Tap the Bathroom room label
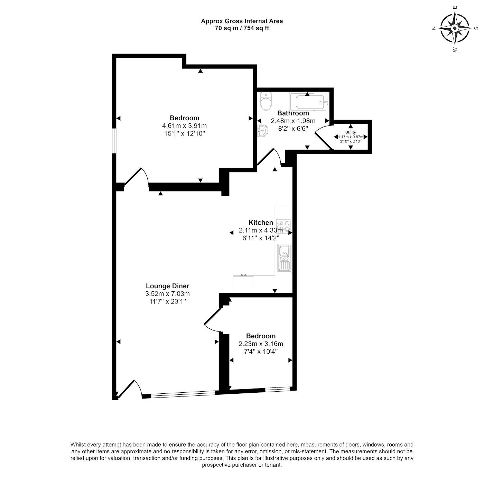coord(293,113)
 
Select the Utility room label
coord(350,132)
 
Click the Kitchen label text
coord(261,223)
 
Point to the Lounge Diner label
coord(168,286)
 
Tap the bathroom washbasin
coord(263,131)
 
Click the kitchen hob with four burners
coord(283,226)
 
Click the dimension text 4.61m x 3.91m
coord(184,126)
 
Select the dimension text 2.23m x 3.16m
coord(261,344)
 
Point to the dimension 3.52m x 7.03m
coord(168,294)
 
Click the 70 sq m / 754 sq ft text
coord(242,28)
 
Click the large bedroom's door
coord(137,177)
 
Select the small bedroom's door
coord(212,318)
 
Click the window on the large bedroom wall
coord(114,141)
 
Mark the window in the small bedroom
coord(277,390)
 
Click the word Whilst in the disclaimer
coord(78,445)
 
